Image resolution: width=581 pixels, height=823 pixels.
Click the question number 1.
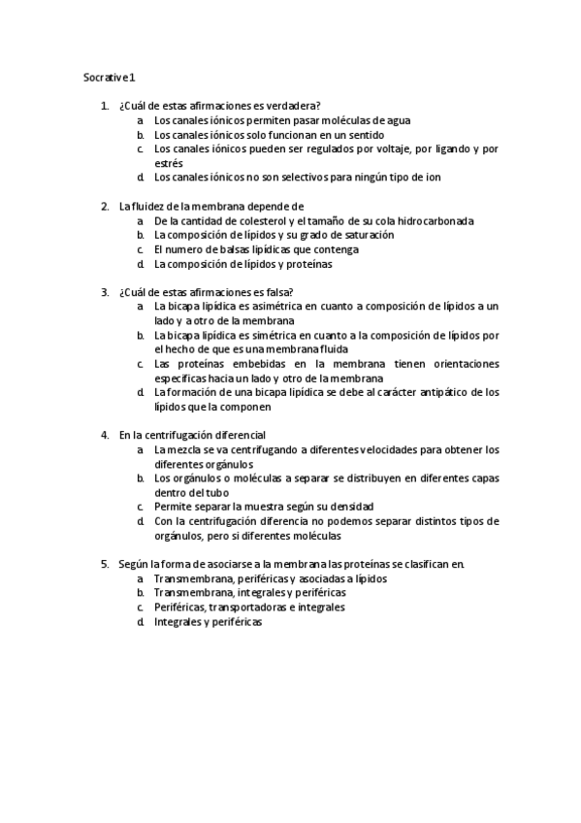point(105,106)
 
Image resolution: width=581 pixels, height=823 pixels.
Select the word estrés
point(168,163)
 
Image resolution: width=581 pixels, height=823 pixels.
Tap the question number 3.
point(105,291)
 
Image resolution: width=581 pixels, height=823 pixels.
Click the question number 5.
point(105,563)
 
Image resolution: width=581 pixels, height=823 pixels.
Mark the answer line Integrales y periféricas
point(208,621)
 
